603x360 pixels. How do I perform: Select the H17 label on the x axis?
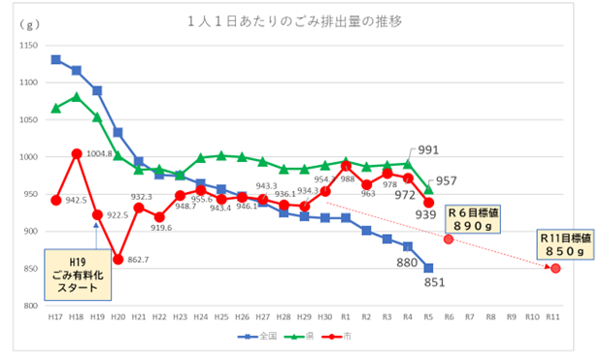[x=55, y=317]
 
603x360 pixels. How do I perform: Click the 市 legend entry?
[x=342, y=337]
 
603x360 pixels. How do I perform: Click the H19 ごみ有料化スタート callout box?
[x=77, y=269]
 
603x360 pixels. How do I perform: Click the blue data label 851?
[x=433, y=283]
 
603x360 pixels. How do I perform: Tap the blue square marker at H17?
[x=55, y=60]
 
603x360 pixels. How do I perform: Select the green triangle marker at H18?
[x=76, y=97]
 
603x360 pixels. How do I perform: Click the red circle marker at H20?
[x=117, y=259]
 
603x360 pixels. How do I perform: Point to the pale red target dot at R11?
[x=554, y=268]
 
